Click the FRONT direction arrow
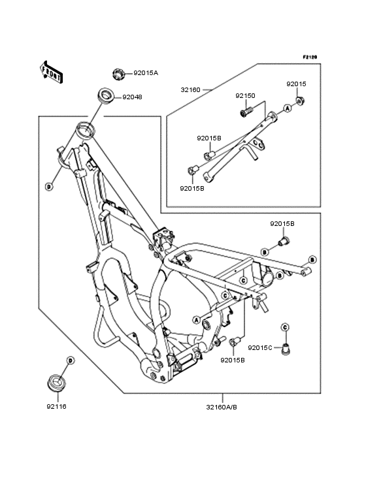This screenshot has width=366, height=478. [52, 72]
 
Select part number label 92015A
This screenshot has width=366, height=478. [146, 73]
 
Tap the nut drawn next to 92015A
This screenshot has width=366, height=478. [118, 74]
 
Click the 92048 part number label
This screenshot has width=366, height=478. [132, 97]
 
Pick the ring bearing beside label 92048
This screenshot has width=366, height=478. [105, 96]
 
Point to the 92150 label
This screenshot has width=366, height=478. [245, 96]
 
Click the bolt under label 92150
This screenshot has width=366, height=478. [246, 112]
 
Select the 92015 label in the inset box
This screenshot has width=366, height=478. [296, 84]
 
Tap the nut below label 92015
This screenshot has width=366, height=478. [301, 101]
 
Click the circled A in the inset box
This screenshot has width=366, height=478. [287, 108]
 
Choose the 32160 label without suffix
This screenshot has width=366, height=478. [191, 90]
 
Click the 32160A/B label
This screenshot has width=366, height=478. [222, 407]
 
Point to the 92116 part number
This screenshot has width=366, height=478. [56, 407]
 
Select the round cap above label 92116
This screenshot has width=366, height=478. [57, 382]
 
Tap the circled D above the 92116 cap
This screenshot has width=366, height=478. [71, 360]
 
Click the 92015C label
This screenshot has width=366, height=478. [260, 348]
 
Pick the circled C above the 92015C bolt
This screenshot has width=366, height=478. [285, 327]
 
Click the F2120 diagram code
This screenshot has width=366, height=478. [310, 57]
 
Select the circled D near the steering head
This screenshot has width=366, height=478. [49, 186]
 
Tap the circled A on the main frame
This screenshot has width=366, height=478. [197, 320]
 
